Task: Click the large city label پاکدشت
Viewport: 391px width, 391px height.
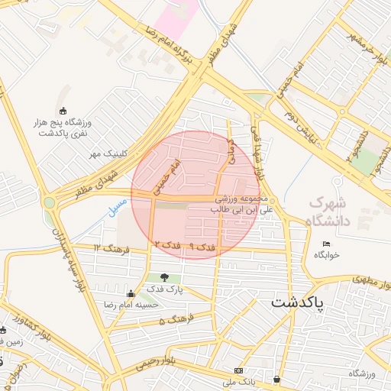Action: point(297,303)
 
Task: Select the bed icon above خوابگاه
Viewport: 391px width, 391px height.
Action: point(327,244)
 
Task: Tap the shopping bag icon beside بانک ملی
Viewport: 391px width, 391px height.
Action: point(276,379)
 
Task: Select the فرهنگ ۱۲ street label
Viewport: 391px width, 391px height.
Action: point(108,249)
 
